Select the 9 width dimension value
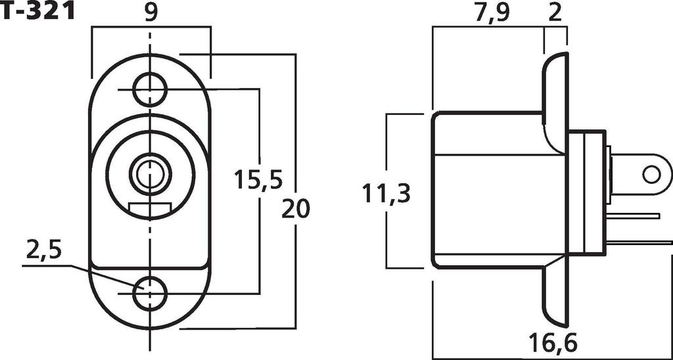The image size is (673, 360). [x=151, y=12]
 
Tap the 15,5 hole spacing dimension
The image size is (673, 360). [x=258, y=179]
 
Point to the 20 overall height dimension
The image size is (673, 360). [x=295, y=209]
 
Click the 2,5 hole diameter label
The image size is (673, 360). [x=44, y=250]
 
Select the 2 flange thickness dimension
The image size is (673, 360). [x=555, y=12]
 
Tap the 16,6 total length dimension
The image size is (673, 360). [x=553, y=342]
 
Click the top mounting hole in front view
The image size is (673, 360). [x=150, y=88]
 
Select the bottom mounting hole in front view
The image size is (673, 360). [x=150, y=294]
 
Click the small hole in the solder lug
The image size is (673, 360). [x=651, y=174]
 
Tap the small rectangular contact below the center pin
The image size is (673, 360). [x=151, y=210]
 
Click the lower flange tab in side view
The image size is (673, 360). [x=554, y=296]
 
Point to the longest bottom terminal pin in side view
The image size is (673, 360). [x=638, y=242]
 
